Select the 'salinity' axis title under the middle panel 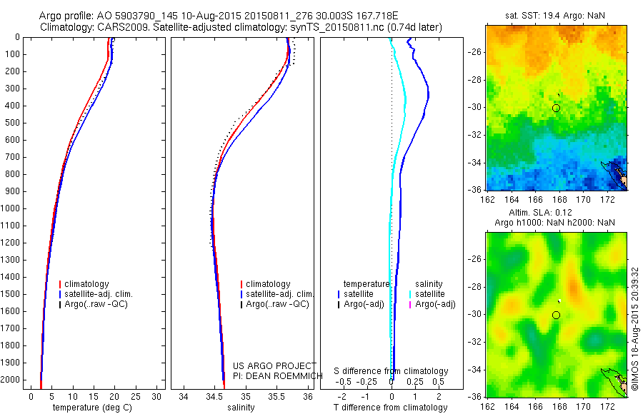coord(241,408)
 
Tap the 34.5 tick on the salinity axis coord(214,396)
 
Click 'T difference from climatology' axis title coord(392,408)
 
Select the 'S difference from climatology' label coord(392,371)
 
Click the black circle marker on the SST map coord(556,108)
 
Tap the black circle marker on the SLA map coord(556,315)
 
